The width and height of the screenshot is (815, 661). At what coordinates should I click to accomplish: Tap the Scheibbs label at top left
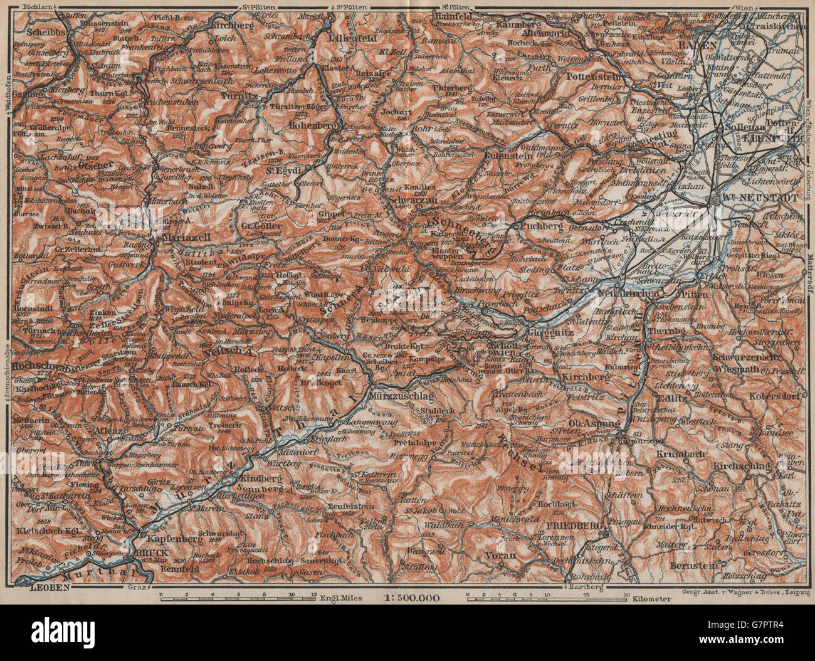(45, 29)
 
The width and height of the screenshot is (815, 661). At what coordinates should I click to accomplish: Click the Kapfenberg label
(171, 537)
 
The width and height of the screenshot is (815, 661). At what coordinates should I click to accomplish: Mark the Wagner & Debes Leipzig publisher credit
(745, 592)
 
